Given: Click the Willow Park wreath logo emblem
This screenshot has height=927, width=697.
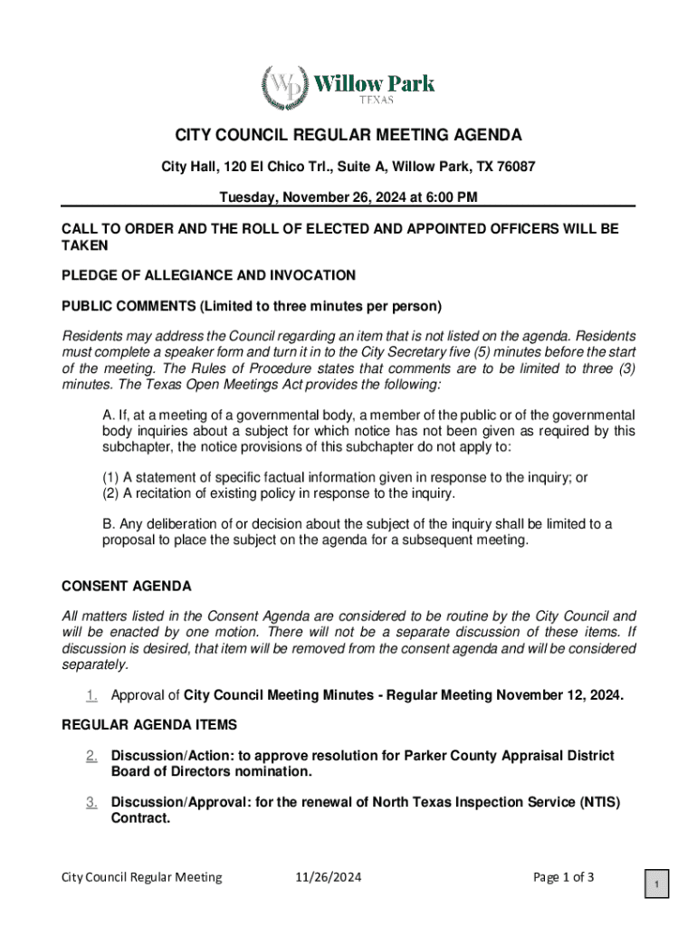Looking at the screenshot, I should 284,88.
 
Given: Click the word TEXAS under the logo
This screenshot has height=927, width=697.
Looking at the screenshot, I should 373,100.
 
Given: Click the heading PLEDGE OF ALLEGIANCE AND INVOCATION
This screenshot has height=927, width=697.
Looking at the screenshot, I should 208,274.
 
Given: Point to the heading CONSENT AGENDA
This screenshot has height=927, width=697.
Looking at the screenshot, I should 126,586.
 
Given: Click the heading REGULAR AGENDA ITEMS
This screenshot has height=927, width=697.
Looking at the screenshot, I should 149,724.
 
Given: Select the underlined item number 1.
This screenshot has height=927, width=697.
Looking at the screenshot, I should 91,695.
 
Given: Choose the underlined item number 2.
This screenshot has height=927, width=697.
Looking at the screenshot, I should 91,755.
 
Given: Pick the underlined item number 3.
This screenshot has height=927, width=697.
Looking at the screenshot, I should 91,802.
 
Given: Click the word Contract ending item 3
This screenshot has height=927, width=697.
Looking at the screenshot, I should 139,818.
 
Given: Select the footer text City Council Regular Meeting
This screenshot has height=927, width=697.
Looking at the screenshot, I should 142,877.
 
